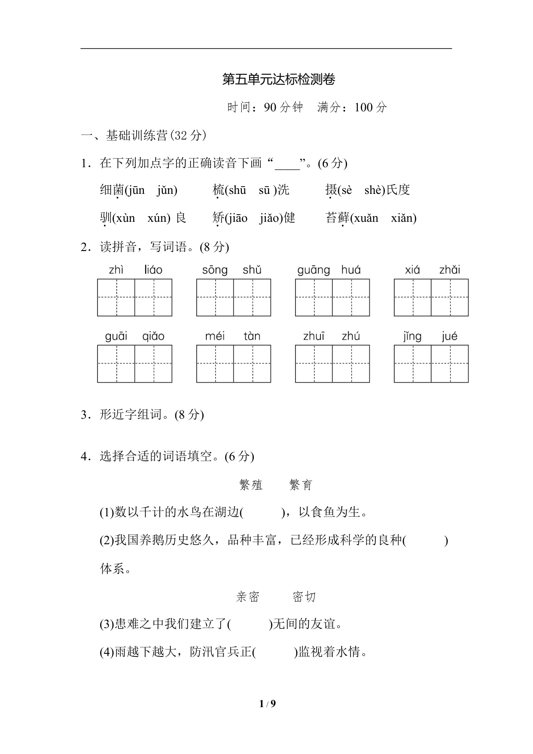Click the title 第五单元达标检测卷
pos(279,80)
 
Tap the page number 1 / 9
pos(267,704)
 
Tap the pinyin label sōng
pos(215,270)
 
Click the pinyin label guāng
pos(314,270)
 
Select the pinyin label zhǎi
pos(449,270)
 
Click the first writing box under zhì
pos(116,297)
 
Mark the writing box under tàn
pos(252,364)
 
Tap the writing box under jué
pos(450,364)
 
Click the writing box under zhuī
pos(314,364)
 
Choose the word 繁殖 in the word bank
pos(251,485)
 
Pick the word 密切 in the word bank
pos(304,597)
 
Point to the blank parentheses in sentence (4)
pos(275,652)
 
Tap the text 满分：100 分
pos(352,107)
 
